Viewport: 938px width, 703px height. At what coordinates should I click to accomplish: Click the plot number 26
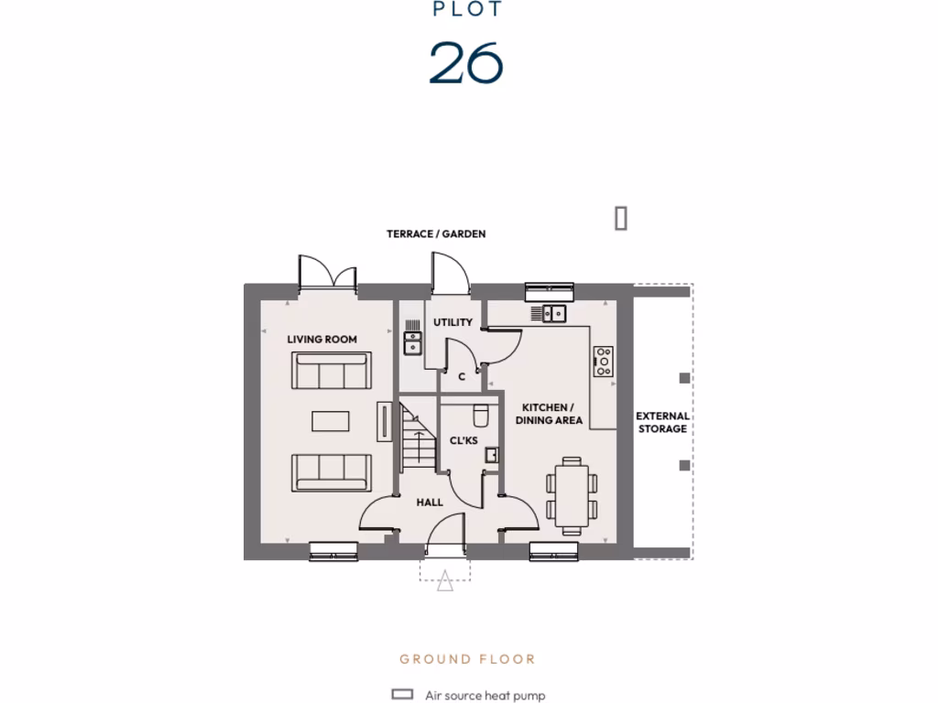pos(466,62)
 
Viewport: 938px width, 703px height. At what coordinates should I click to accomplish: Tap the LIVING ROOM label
pos(322,340)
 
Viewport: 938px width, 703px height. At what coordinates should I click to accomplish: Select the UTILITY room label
pos(453,322)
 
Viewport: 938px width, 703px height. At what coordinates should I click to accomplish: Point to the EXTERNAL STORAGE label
pos(662,422)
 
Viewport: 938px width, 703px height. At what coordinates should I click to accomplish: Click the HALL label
pos(430,503)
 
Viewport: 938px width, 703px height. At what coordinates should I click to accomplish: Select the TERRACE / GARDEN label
pos(436,234)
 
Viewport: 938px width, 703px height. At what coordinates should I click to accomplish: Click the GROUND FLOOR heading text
pos(467,659)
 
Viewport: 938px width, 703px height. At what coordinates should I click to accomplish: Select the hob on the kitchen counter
pos(604,361)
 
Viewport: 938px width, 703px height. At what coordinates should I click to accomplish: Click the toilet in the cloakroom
pos(480,416)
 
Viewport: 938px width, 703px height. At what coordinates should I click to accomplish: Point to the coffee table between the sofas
pos(330,421)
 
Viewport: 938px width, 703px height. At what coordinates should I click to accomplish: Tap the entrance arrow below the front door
pos(445,580)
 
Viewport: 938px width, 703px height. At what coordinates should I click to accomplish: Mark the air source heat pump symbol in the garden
pos(621,218)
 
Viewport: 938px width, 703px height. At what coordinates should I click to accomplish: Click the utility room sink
pos(413,342)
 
